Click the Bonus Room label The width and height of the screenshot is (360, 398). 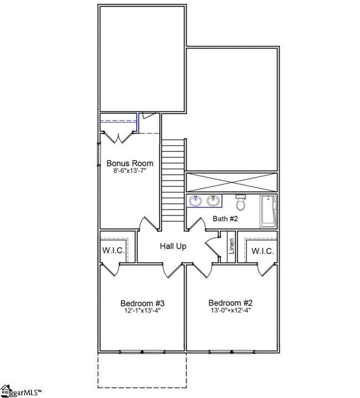(x=130, y=163)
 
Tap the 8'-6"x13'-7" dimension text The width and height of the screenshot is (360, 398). (x=130, y=171)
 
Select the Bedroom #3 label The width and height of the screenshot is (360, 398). (x=142, y=303)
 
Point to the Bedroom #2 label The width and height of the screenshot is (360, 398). (x=230, y=303)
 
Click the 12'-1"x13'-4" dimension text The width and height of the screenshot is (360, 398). (x=142, y=310)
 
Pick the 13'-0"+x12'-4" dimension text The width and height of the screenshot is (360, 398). (x=230, y=310)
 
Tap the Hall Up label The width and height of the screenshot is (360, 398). (x=173, y=246)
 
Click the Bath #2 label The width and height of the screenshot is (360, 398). (x=225, y=218)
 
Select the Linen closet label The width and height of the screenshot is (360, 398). (x=232, y=246)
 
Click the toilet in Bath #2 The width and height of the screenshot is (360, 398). (x=240, y=202)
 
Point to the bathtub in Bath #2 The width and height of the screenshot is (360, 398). (x=268, y=211)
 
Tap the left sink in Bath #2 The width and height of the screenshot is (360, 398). (x=196, y=201)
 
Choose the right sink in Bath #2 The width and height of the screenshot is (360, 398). (x=213, y=201)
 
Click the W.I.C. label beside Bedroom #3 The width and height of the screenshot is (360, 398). (x=114, y=251)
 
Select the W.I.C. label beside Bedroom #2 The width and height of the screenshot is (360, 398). (x=263, y=251)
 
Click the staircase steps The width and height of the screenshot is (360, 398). (x=173, y=180)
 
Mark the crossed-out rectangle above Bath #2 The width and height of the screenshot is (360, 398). (x=232, y=182)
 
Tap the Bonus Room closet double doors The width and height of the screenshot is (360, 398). (x=119, y=137)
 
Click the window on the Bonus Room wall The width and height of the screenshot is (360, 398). (x=99, y=155)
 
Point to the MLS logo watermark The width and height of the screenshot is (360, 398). (x=20, y=391)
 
